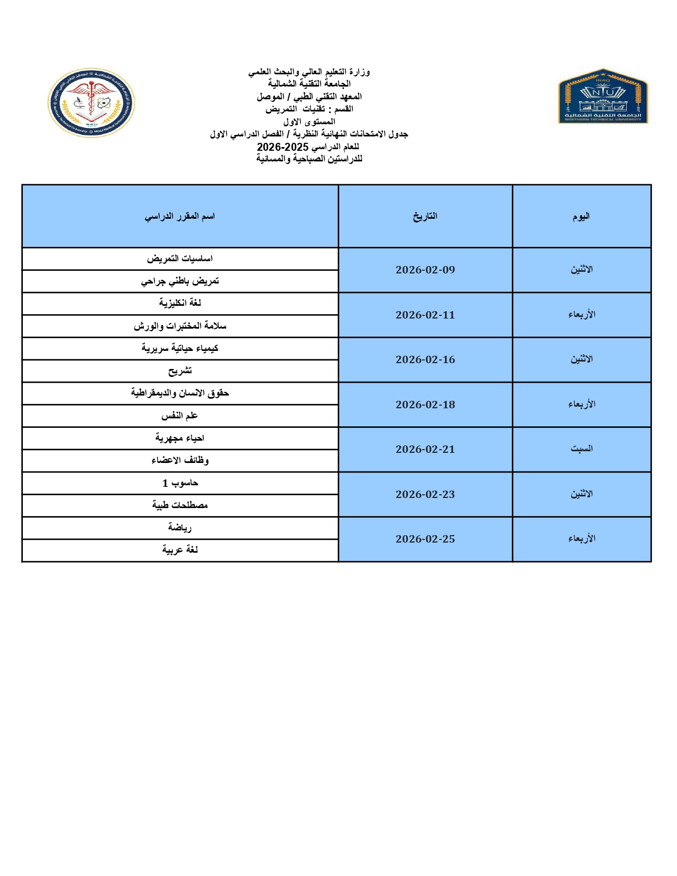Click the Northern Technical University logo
point(603,96)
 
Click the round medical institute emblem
point(91,102)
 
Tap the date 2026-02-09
point(425,270)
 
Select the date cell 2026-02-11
point(425,315)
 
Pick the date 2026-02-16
point(425,359)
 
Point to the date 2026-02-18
point(425,405)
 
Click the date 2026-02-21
point(425,449)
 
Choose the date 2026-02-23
point(425,494)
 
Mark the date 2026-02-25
point(425,539)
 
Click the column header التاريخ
point(425,216)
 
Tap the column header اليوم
point(581,216)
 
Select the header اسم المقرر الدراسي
point(179,216)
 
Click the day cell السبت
point(581,449)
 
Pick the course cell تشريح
point(179,371)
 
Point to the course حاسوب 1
point(179,483)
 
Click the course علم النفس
point(179,416)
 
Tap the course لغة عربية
point(179,550)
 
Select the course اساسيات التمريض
point(179,259)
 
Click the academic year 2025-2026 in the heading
point(282,147)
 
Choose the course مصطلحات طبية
point(179,505)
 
